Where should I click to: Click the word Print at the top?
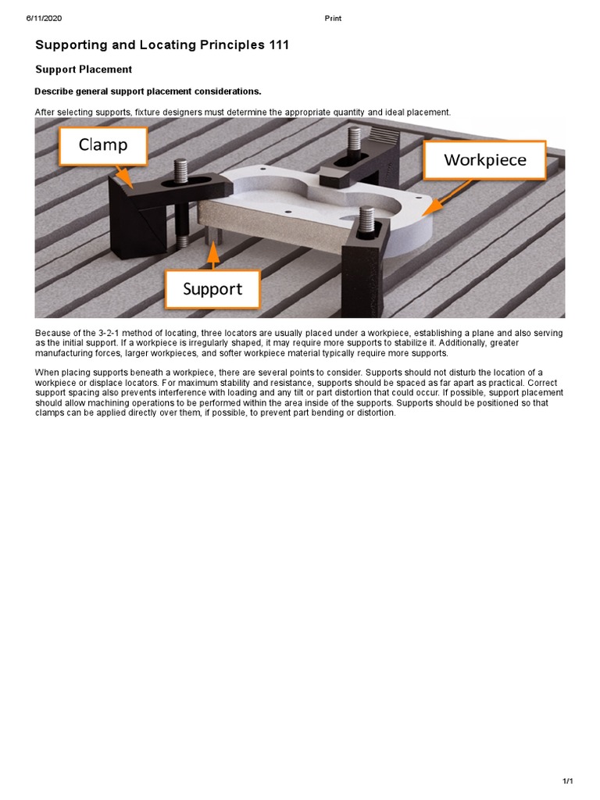333,18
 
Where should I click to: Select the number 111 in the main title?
277,45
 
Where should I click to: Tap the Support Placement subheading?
84,70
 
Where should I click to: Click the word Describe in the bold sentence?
54,91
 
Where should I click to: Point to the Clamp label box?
102,145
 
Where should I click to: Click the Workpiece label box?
484,161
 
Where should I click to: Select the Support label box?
212,289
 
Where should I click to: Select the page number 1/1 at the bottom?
568,782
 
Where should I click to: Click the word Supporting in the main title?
70,45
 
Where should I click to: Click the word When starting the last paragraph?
46,372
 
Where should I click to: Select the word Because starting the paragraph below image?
52,333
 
